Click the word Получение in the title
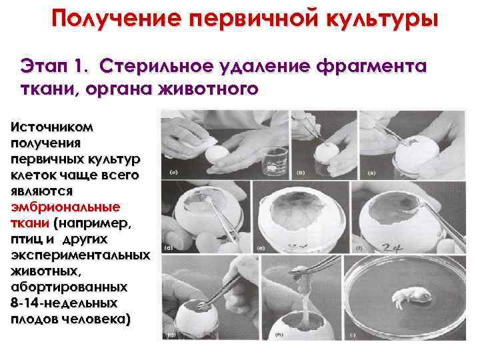(x=116, y=19)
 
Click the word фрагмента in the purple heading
(x=371, y=67)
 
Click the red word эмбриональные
(x=65, y=207)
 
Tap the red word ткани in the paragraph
(x=30, y=223)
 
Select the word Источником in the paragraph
(x=52, y=127)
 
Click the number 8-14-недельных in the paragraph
(x=64, y=303)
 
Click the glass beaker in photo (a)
(x=275, y=162)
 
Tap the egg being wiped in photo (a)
(x=217, y=155)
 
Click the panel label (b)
(x=301, y=173)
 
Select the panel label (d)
(x=169, y=247)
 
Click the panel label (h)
(x=279, y=335)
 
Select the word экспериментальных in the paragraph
(x=80, y=255)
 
